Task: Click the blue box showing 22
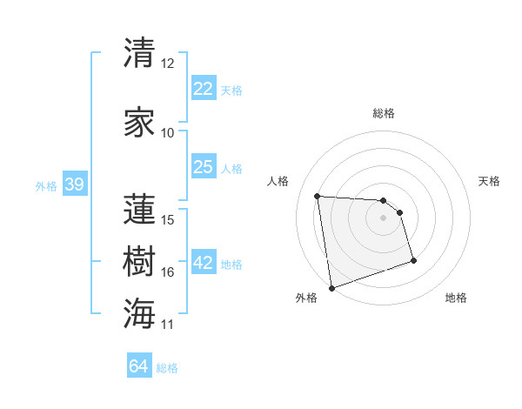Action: (204, 89)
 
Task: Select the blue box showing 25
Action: (204, 167)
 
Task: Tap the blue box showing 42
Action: (204, 264)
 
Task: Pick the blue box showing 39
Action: (74, 185)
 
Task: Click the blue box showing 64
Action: (139, 366)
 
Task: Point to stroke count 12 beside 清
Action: (168, 64)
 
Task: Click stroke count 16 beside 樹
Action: (168, 272)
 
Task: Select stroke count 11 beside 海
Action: (168, 325)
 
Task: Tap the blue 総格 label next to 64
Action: (167, 368)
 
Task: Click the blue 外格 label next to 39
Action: (46, 186)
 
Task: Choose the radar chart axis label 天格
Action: (490, 181)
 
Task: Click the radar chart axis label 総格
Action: (384, 113)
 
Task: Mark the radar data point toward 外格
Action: (331, 287)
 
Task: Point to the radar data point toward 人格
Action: (318, 196)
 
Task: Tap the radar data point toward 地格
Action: (413, 260)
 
